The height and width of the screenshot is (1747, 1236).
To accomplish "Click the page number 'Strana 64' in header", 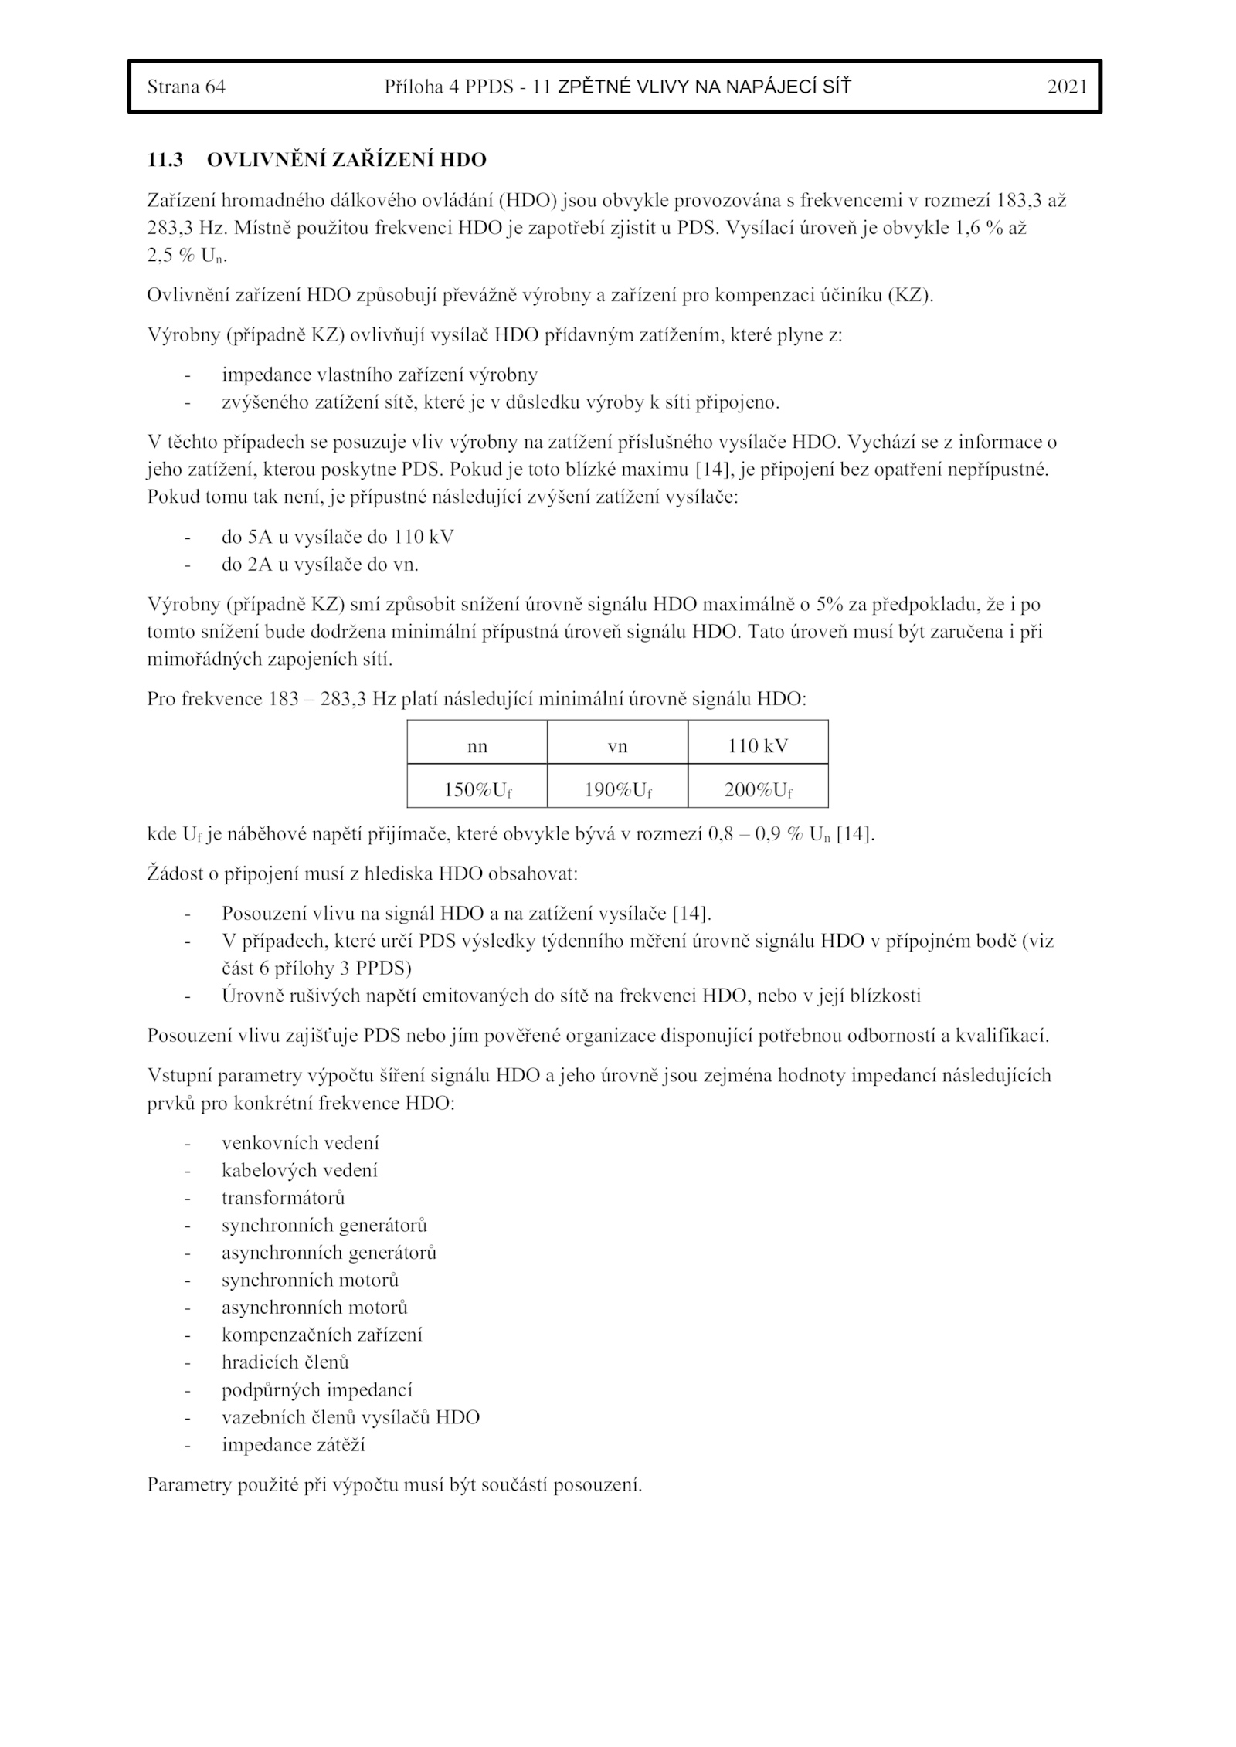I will click(x=186, y=87).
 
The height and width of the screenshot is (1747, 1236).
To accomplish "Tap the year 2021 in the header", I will click(x=1066, y=87).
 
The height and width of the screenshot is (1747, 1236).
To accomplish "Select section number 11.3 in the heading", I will click(x=165, y=160).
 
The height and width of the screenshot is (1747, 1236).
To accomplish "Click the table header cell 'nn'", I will click(x=477, y=746).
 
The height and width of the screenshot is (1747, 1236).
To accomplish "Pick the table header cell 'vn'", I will click(x=617, y=746).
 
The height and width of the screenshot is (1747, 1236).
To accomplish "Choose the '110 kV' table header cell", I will click(x=757, y=746).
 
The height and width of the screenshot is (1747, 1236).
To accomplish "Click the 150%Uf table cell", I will click(x=477, y=790).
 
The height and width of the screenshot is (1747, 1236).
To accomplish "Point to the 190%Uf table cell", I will click(x=617, y=790).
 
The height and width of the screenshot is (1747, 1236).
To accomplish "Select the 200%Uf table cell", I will click(x=757, y=790).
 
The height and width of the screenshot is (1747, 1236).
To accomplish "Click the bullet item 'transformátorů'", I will click(x=283, y=1198).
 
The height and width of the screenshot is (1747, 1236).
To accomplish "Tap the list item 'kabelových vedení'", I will click(x=300, y=1170).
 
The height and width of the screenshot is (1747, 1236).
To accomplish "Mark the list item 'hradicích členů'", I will click(x=285, y=1362).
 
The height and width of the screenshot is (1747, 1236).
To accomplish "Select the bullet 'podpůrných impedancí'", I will click(x=317, y=1390).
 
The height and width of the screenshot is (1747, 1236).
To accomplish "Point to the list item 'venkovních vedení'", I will click(x=301, y=1143).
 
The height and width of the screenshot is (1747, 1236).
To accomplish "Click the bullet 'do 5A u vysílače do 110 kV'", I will click(x=338, y=537).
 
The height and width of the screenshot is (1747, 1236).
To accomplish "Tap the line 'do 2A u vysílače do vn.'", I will click(x=320, y=565).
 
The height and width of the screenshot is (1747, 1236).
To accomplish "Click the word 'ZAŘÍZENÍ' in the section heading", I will click(x=379, y=160).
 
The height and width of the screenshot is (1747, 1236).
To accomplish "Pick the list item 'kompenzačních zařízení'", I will click(x=321, y=1335).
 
